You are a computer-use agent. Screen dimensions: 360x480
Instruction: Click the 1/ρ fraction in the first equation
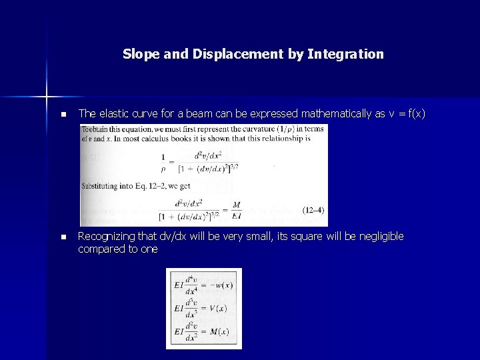[x=164, y=163]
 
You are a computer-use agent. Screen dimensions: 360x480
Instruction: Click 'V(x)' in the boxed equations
[x=215, y=308]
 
